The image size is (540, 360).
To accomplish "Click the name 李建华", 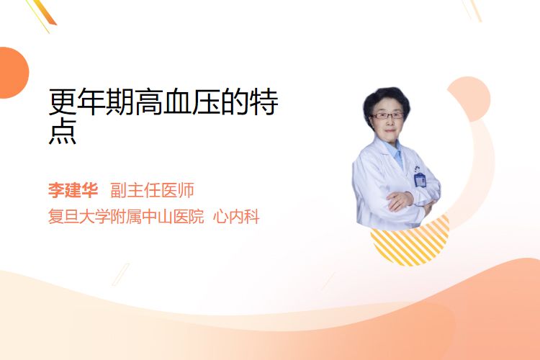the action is [x=73, y=190].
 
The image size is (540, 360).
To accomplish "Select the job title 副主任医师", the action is [x=152, y=190].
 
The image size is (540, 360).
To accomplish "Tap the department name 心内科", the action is [x=236, y=217].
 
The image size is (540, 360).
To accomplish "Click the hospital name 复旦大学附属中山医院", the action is [x=126, y=217].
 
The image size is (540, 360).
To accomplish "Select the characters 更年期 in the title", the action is [x=91, y=102].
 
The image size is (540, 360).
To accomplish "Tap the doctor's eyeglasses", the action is [x=387, y=116].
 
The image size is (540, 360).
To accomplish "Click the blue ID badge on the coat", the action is [x=420, y=180].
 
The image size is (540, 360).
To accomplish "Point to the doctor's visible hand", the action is [x=400, y=200].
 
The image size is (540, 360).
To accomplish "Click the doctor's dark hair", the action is [x=386, y=100].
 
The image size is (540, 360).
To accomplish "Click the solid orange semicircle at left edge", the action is [x=14, y=73].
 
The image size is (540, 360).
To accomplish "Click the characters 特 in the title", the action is [x=264, y=102].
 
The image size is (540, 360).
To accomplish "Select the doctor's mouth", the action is [x=390, y=131].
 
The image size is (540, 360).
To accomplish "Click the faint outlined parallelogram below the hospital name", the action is [x=121, y=274].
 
